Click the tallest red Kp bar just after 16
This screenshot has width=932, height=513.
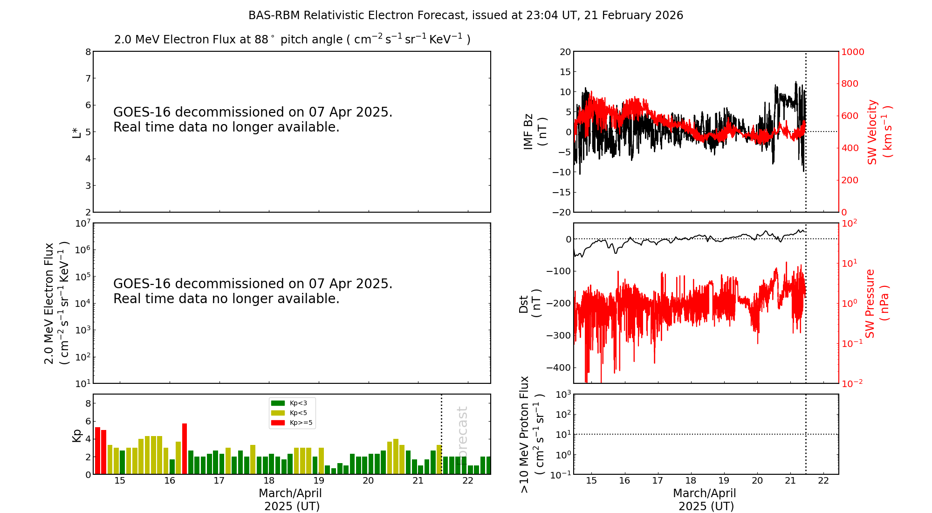pyautogui.click(x=185, y=448)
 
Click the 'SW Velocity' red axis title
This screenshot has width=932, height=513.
pyautogui.click(x=873, y=132)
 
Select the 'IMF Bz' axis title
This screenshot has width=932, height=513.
pyautogui.click(x=528, y=132)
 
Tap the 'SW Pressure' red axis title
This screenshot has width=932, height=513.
pyautogui.click(x=870, y=303)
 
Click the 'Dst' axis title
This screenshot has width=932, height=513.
pyautogui.click(x=524, y=304)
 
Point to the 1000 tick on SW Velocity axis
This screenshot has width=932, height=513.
pyautogui.click(x=852, y=52)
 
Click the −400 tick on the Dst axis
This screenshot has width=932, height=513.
pyautogui.click(x=559, y=367)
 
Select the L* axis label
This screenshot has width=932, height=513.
pyautogui.click(x=76, y=132)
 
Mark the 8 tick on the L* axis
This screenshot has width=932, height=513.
pyautogui.click(x=88, y=52)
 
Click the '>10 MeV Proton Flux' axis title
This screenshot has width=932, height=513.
pyautogui.click(x=525, y=434)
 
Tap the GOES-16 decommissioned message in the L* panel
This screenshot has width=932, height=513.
pyautogui.click(x=253, y=119)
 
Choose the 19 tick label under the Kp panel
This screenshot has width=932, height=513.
pyautogui.click(x=318, y=481)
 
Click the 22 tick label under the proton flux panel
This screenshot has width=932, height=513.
pyautogui.click(x=823, y=481)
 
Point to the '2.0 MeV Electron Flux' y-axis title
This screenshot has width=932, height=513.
pyautogui.click(x=49, y=303)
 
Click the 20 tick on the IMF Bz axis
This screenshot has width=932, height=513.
pyautogui.click(x=565, y=52)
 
